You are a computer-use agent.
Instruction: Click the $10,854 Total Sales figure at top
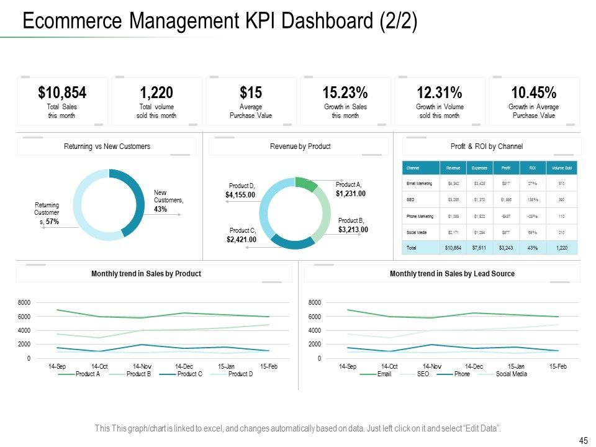pyautogui.click(x=62, y=93)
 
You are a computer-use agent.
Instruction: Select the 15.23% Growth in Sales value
pyautogui.click(x=345, y=93)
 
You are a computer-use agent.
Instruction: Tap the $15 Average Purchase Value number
pyautogui.click(x=251, y=93)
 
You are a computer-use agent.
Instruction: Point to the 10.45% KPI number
pyautogui.click(x=534, y=93)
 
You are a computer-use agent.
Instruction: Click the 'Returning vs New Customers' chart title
pyautogui.click(x=107, y=147)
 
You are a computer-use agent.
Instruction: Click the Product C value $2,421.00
pyautogui.click(x=242, y=240)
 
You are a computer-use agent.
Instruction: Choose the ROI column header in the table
pyautogui.click(x=532, y=168)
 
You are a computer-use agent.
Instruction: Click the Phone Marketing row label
pyautogui.click(x=420, y=216)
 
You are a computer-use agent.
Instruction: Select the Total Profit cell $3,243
pyautogui.click(x=506, y=248)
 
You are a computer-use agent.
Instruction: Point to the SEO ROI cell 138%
pyautogui.click(x=532, y=200)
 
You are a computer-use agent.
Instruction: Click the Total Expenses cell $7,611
pyautogui.click(x=479, y=248)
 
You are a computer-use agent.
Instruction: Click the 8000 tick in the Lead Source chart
pyautogui.click(x=315, y=303)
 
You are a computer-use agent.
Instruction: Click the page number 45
pyautogui.click(x=583, y=440)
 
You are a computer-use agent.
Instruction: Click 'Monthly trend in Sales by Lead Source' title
pyautogui.click(x=452, y=274)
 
